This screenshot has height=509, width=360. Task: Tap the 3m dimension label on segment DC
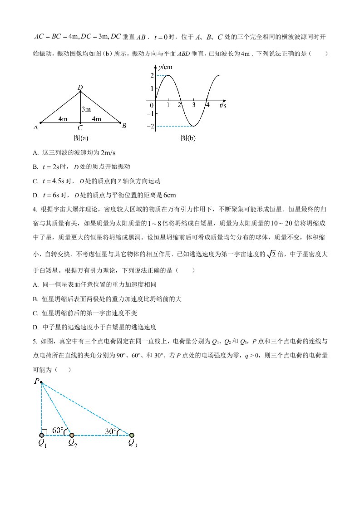click(86, 109)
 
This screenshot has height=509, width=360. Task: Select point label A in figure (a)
click(35, 127)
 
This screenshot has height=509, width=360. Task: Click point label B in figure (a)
click(124, 126)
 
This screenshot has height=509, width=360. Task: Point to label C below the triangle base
click(80, 128)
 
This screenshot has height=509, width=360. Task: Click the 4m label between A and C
click(63, 119)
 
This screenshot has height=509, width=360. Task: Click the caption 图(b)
click(187, 138)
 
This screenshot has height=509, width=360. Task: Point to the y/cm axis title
click(164, 67)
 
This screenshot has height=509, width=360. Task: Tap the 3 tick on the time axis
click(193, 105)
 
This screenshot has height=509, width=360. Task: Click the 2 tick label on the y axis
click(152, 75)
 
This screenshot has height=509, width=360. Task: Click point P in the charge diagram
click(41, 382)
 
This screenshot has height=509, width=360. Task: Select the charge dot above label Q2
click(72, 435)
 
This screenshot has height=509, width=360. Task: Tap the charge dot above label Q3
click(132, 435)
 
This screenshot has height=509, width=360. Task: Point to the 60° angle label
click(57, 430)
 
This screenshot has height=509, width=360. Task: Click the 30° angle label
click(111, 431)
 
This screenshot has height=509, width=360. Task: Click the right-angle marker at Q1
click(44, 432)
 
